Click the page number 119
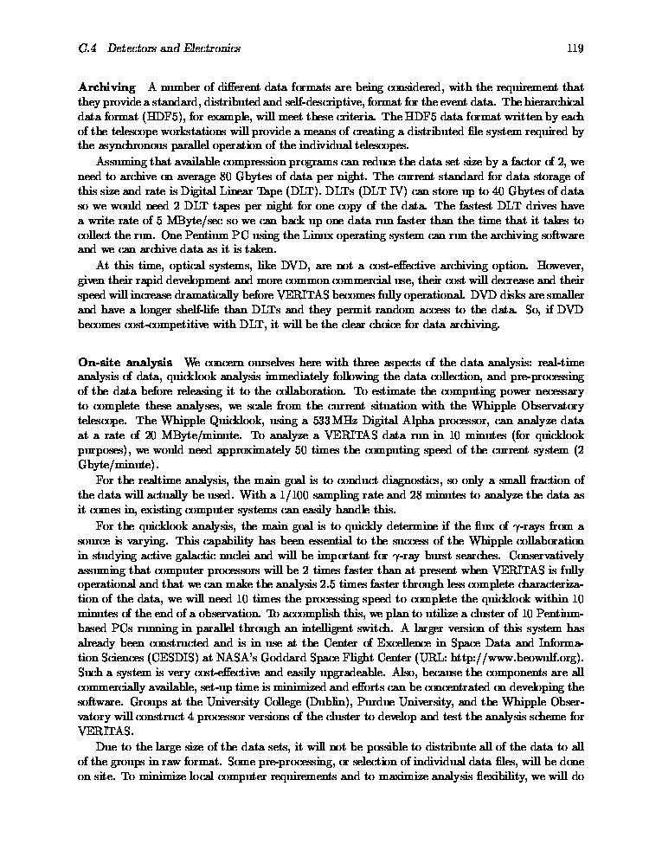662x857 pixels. click(x=575, y=48)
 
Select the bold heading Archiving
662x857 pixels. click(x=106, y=87)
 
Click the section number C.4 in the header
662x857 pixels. click(x=86, y=48)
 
